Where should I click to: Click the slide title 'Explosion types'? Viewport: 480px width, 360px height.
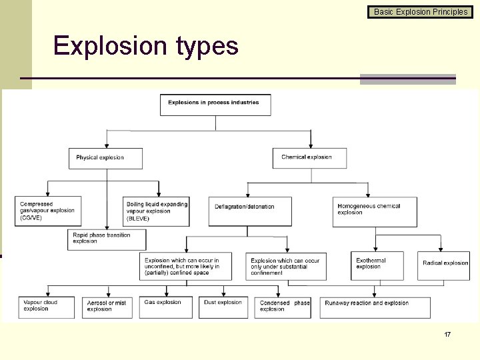pos(145,46)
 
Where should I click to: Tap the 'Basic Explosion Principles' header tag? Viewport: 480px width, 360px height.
pos(420,11)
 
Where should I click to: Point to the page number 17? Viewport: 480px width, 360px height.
pos(447,334)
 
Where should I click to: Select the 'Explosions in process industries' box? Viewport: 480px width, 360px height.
pos(215,105)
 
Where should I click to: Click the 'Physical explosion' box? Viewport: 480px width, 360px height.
pos(106,158)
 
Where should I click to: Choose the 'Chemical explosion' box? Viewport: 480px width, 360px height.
pos(311,157)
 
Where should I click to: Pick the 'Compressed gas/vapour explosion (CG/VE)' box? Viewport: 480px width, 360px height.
pos(48,211)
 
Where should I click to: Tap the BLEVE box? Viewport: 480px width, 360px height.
pos(157,211)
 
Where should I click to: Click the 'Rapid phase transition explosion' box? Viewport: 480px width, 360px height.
pos(107,239)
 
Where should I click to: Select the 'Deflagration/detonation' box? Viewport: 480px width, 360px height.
pos(250,211)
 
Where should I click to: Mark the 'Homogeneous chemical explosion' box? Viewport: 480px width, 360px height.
pos(375,211)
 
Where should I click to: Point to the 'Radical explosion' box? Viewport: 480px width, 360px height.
pos(444,265)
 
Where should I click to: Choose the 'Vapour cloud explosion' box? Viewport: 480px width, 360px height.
pos(47,307)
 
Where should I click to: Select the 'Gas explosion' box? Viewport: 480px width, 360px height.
pos(167,307)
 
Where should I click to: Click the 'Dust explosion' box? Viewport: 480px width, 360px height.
pos(223,307)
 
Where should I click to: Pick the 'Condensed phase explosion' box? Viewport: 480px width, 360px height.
pos(283,307)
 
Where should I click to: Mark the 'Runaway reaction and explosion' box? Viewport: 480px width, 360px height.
pos(375,307)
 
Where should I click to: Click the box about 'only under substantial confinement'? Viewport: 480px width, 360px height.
pos(286,266)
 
